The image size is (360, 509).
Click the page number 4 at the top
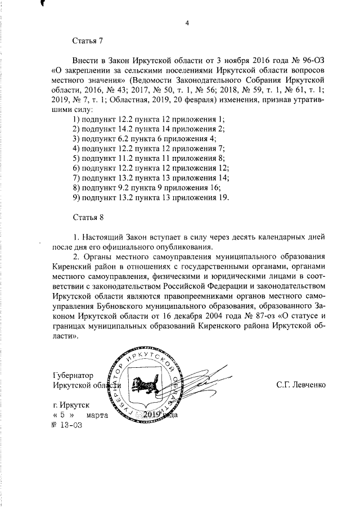click(187, 23)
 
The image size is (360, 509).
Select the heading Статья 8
click(87, 217)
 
